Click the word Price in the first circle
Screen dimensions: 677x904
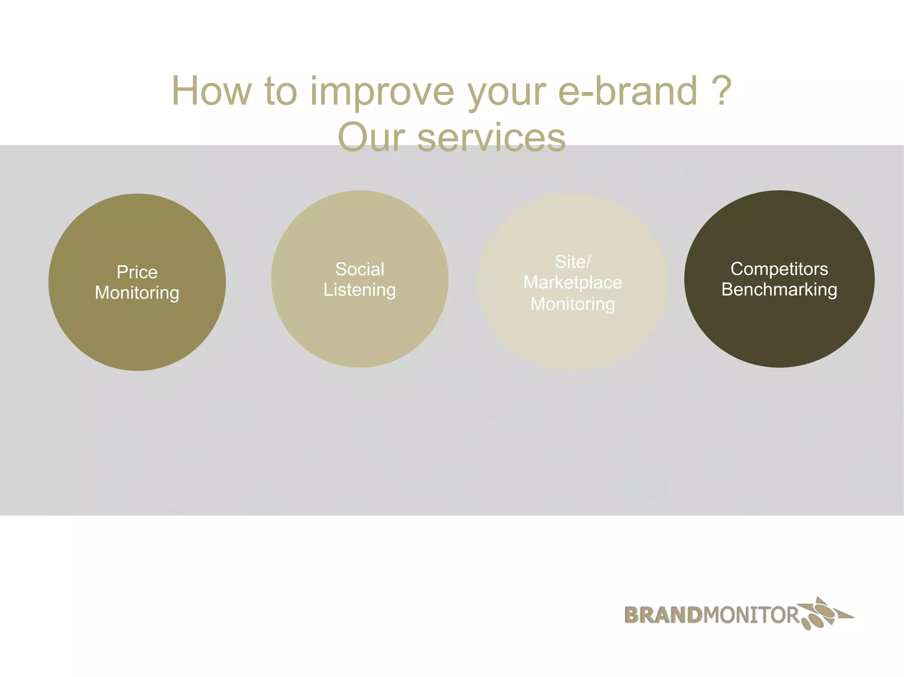click(x=137, y=272)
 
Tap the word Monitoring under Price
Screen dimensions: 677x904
click(x=137, y=293)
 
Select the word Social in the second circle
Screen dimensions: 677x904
click(x=360, y=269)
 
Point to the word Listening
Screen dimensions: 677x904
click(x=360, y=290)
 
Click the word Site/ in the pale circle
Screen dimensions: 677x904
click(x=573, y=262)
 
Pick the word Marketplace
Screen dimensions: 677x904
click(x=573, y=282)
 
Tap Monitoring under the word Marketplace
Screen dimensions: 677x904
click(x=573, y=304)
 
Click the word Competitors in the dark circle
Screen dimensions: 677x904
click(x=779, y=269)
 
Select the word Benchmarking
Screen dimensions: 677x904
click(x=779, y=290)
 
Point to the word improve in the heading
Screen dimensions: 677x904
click(x=382, y=92)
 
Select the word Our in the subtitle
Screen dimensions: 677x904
click(x=371, y=138)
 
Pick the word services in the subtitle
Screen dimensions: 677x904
click(x=491, y=138)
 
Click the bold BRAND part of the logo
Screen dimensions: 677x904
click(x=663, y=615)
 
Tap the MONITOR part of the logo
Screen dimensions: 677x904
click(x=750, y=615)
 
